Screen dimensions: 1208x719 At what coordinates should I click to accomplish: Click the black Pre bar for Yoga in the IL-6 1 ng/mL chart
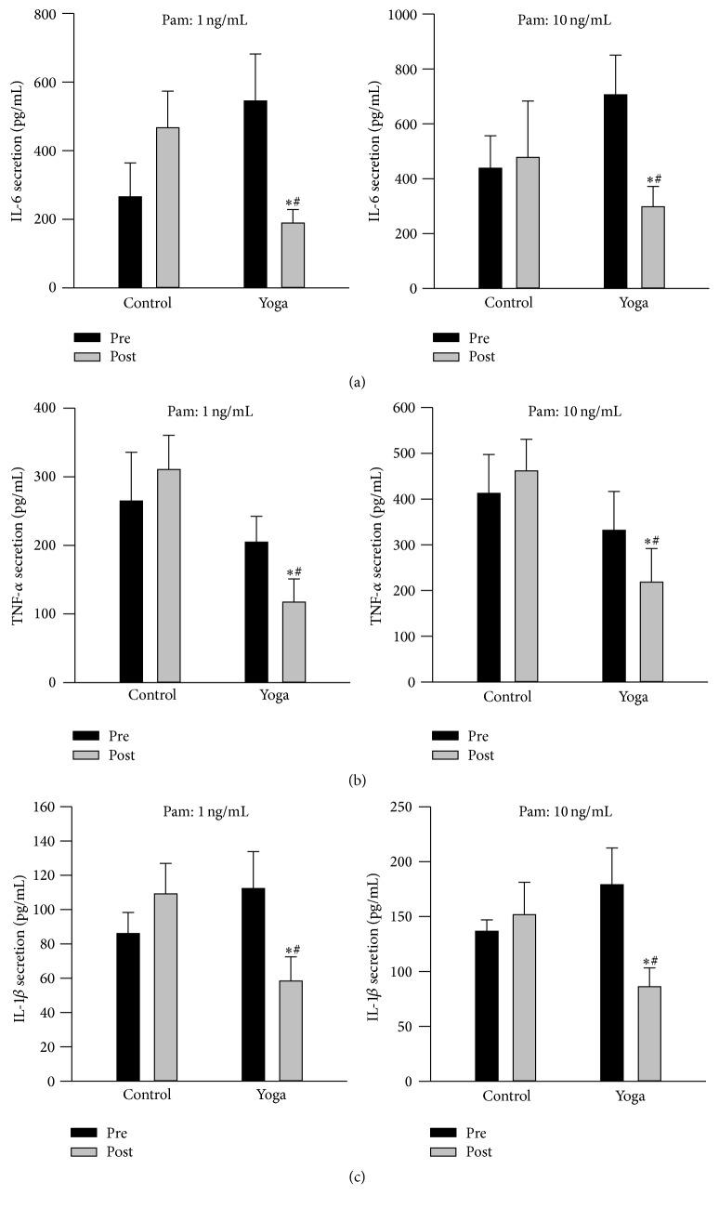pyautogui.click(x=255, y=194)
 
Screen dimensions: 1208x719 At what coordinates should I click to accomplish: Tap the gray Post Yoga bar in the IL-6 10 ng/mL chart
pyautogui.click(x=653, y=247)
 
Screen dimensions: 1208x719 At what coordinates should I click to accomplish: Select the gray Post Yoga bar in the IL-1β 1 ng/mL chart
pyautogui.click(x=291, y=1031)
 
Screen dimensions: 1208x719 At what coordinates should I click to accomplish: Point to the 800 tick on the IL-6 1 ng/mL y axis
pyautogui.click(x=52, y=14)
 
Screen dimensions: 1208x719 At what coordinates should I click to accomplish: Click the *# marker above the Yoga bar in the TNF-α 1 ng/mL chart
pyautogui.click(x=294, y=572)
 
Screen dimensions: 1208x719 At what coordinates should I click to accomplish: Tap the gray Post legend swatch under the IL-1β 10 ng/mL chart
pyautogui.click(x=448, y=1151)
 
